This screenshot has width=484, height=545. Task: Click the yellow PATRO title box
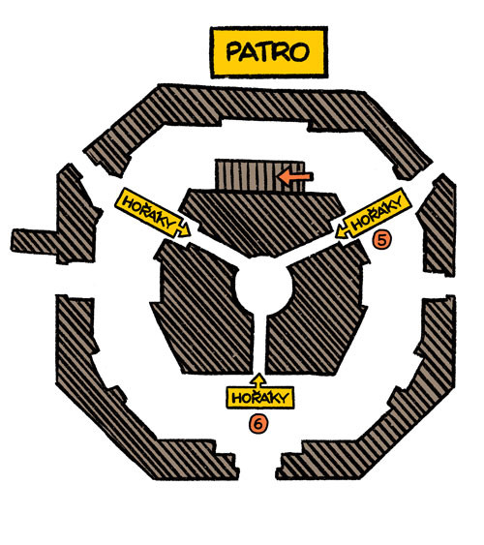[x=268, y=51]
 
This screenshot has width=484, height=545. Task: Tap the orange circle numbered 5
[x=381, y=240]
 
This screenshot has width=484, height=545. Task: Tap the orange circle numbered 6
[x=258, y=424]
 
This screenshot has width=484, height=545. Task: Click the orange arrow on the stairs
[x=295, y=176]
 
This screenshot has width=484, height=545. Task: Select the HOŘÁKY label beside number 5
[x=376, y=213]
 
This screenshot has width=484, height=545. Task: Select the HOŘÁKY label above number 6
[x=259, y=397]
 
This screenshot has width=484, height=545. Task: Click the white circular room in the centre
[x=263, y=287]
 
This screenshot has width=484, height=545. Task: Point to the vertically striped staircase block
[x=259, y=176]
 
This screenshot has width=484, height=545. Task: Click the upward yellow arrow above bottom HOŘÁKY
[x=258, y=379]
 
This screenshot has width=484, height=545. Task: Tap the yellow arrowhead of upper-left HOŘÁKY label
[x=184, y=229]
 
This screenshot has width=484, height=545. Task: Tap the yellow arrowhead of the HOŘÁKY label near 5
[x=343, y=230]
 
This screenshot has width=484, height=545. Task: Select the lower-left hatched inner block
[x=203, y=310]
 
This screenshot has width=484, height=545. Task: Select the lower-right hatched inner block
[x=318, y=310]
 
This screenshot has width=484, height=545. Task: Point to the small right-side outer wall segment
[x=439, y=226]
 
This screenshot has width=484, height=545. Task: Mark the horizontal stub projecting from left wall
[x=35, y=241]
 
